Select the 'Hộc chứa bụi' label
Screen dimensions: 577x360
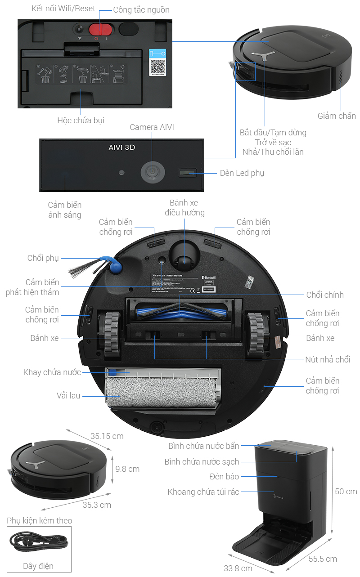[x=81, y=121]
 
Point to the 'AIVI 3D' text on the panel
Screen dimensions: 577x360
[x=121, y=148]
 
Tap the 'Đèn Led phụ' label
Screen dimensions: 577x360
[x=242, y=173]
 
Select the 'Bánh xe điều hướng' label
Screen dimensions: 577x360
[x=184, y=208]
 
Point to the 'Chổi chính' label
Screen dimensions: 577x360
[x=325, y=295]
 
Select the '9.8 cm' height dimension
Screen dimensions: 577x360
[x=127, y=469]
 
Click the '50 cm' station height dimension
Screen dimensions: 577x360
[x=346, y=491]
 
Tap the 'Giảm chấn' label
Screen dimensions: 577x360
[x=337, y=116]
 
